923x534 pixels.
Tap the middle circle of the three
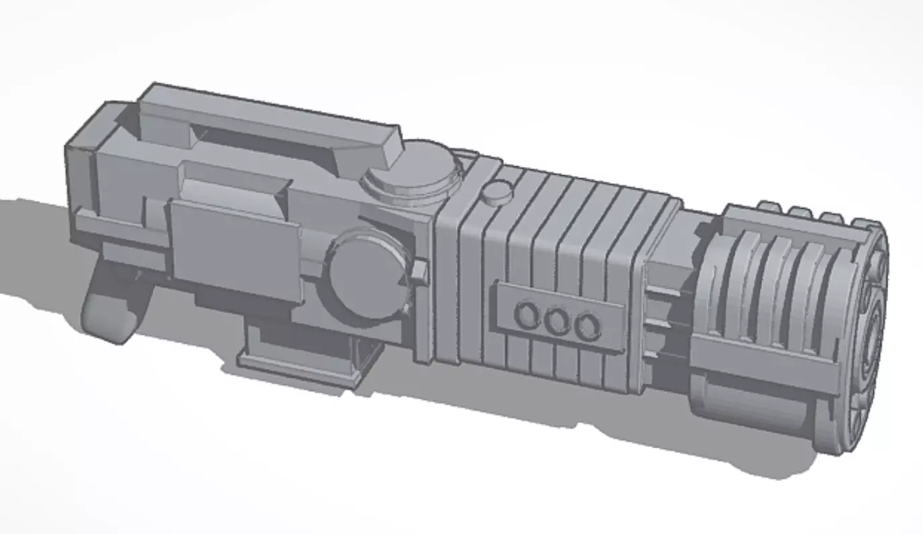pyautogui.click(x=556, y=321)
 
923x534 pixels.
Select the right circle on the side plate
pyautogui.click(x=588, y=327)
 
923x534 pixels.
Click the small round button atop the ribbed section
pyautogui.click(x=498, y=193)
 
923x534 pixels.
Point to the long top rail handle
pyautogui.click(x=268, y=124)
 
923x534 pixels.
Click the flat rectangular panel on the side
pyautogui.click(x=235, y=248)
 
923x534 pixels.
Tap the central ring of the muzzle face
pyautogui.click(x=879, y=335)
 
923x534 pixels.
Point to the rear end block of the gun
pyautogui.click(x=80, y=174)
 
